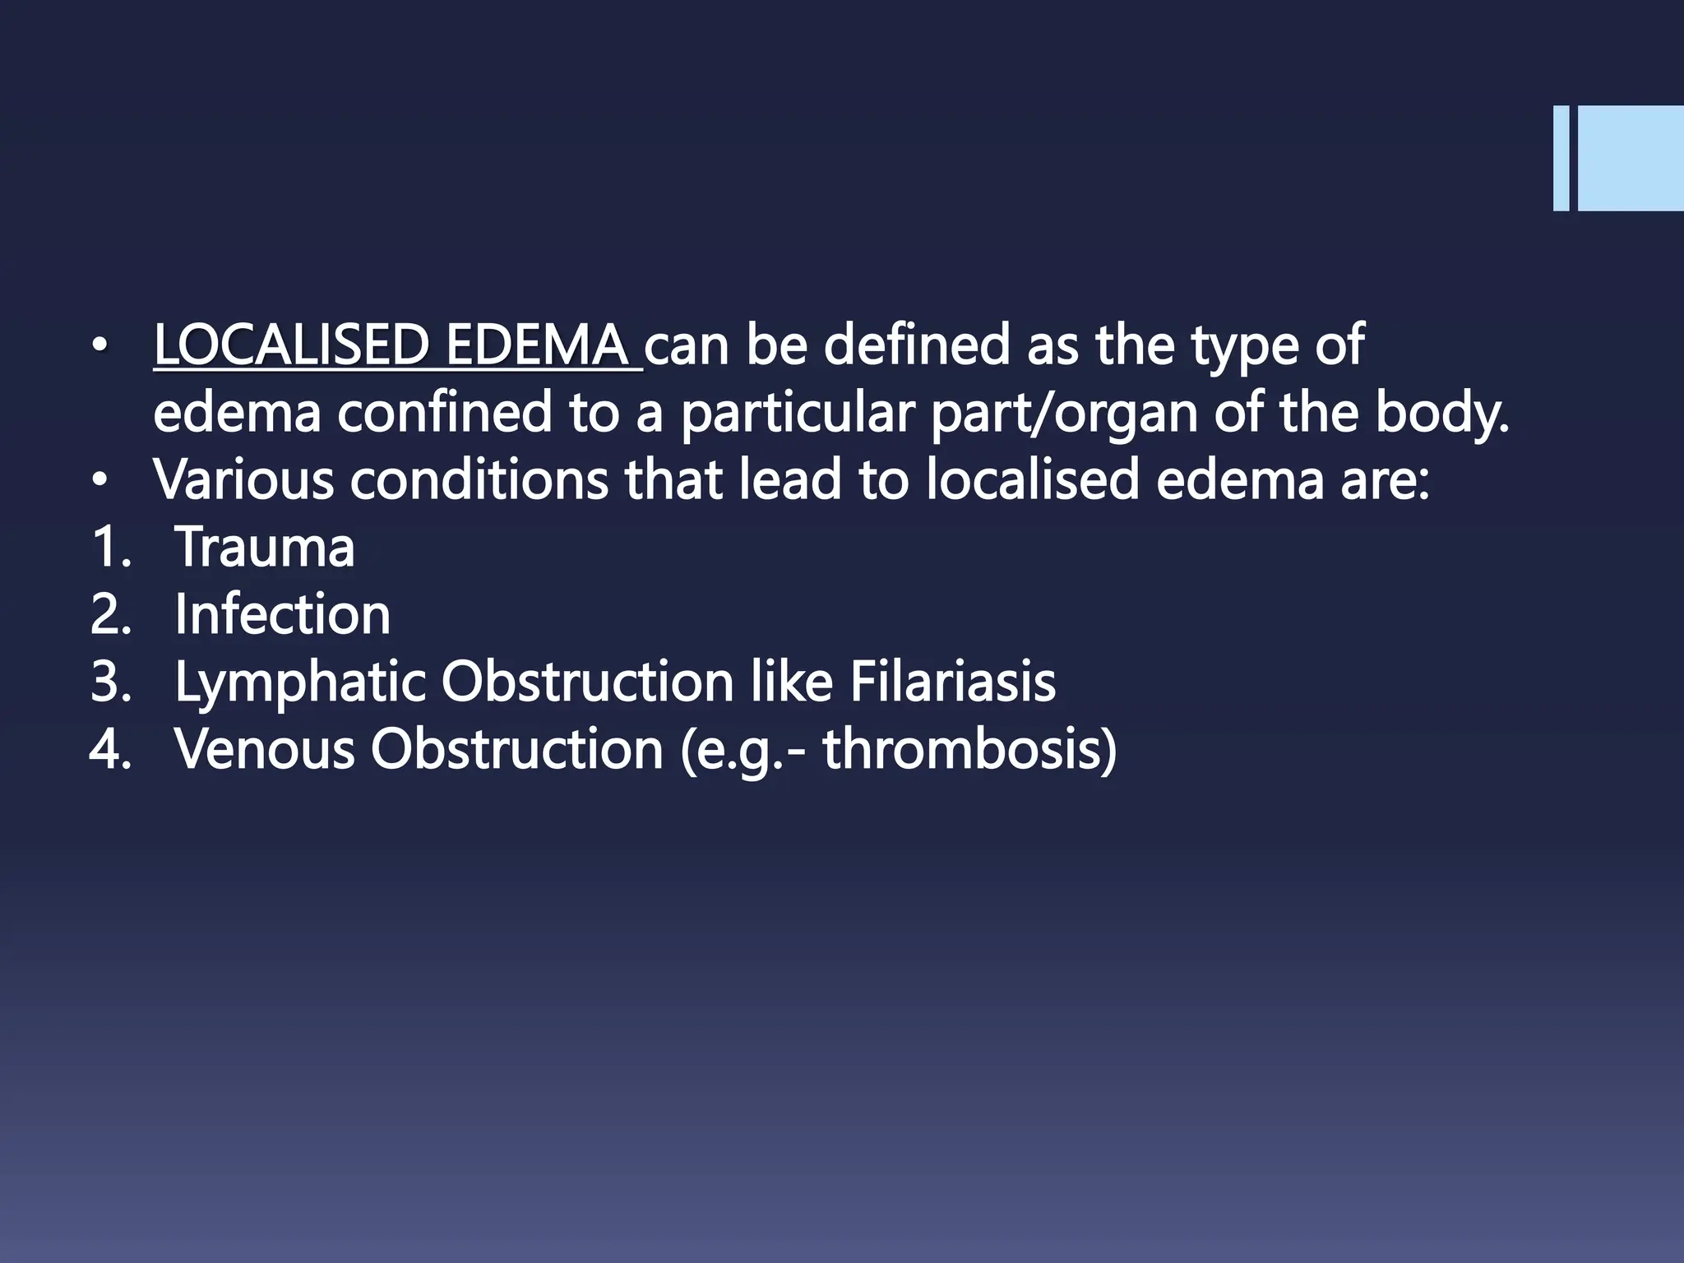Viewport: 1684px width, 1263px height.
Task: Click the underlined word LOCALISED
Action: click(x=290, y=345)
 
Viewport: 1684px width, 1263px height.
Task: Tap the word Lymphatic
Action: click(x=300, y=683)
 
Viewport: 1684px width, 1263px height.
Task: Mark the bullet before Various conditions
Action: click(x=99, y=482)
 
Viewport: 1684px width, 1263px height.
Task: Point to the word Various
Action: click(x=243, y=480)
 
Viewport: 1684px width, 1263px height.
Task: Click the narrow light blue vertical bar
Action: click(x=1561, y=159)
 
